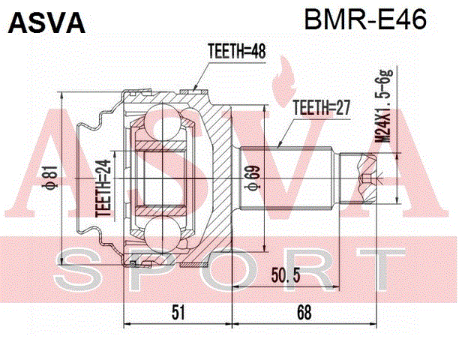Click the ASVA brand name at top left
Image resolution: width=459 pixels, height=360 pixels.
(46, 22)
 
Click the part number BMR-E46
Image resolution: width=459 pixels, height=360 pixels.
(365, 19)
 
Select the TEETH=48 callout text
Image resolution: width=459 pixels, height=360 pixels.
(236, 51)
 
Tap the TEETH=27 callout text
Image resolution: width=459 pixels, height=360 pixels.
(321, 107)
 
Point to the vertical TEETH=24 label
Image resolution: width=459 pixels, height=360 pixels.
(103, 188)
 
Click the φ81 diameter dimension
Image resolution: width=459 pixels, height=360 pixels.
(52, 176)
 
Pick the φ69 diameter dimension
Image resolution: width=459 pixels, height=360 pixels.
(252, 178)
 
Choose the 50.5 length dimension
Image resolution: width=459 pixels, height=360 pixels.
(286, 274)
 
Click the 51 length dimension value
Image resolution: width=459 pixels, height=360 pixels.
(178, 312)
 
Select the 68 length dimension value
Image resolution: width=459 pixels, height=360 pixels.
(304, 312)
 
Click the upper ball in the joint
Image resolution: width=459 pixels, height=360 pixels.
(162, 121)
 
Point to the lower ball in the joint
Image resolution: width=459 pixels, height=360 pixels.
(162, 235)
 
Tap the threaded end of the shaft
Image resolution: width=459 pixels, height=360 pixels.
(358, 178)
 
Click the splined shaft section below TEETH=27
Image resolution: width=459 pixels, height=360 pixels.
(286, 178)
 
